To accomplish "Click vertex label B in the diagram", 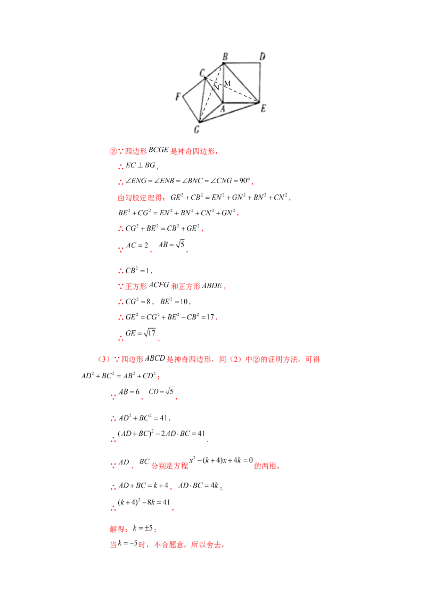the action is coord(225,56).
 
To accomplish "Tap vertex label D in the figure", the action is coord(262,56).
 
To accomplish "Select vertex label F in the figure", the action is coord(178,96).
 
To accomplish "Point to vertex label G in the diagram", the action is coord(197,129).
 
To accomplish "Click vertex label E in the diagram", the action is coord(264,109).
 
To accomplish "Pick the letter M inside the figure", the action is coord(227,84).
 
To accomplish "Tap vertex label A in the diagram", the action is coord(222,109).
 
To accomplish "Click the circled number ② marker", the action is coord(113,151).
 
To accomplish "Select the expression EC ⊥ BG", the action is coord(141,165).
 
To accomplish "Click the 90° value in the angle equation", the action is coord(244,181).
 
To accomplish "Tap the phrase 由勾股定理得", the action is coord(140,198).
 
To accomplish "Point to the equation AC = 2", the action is coord(137,246).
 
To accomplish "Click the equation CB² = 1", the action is coord(137,271).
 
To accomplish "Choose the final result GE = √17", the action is coord(141,333).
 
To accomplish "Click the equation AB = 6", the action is coord(129,392).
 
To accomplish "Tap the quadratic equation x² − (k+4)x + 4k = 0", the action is coord(221,460).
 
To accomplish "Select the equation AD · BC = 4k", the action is coord(199,486).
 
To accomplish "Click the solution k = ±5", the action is coord(143,528).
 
